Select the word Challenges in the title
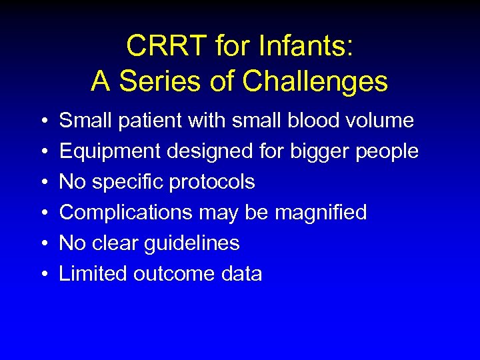[x=315, y=81]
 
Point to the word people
[x=387, y=151]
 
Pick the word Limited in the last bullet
[x=93, y=274]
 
